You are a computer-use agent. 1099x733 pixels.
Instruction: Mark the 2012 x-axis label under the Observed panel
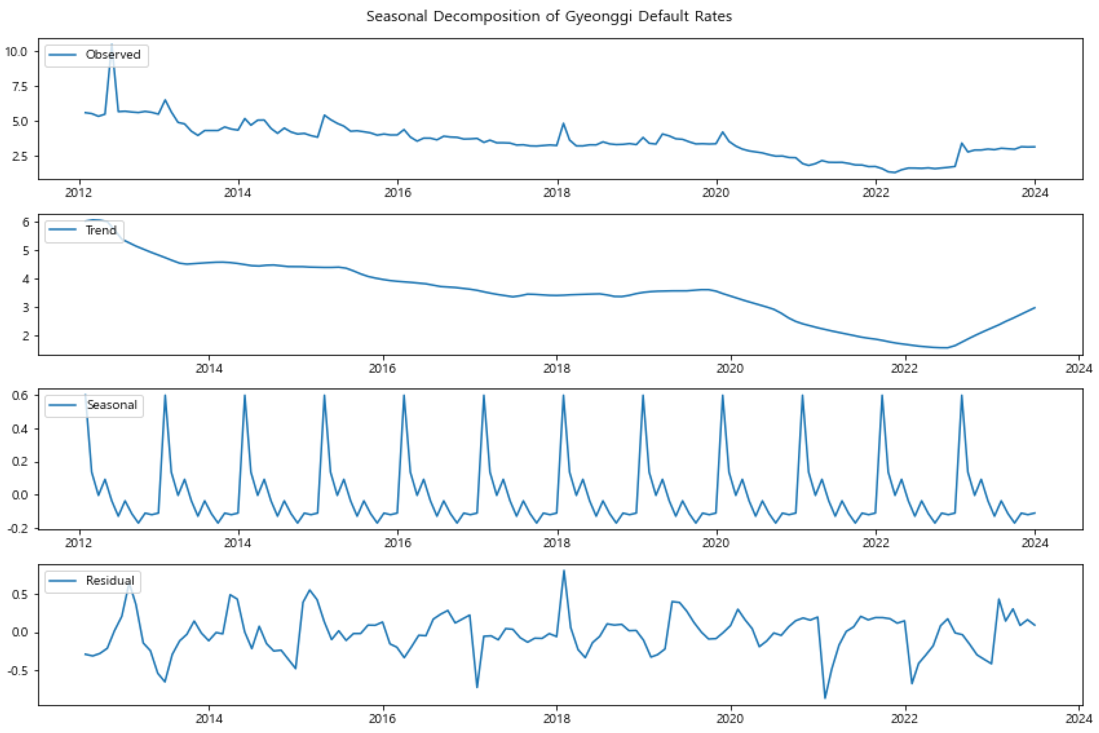coord(78,193)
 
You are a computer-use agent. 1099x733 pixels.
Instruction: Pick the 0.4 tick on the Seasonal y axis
coord(20,429)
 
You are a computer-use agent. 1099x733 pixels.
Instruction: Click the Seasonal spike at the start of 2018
coord(563,396)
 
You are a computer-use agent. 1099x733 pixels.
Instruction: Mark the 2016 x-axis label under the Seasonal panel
coord(397,543)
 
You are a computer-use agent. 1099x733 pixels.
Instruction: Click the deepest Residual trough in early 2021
coord(825,698)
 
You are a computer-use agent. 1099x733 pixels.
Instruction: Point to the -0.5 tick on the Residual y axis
coord(18,671)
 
